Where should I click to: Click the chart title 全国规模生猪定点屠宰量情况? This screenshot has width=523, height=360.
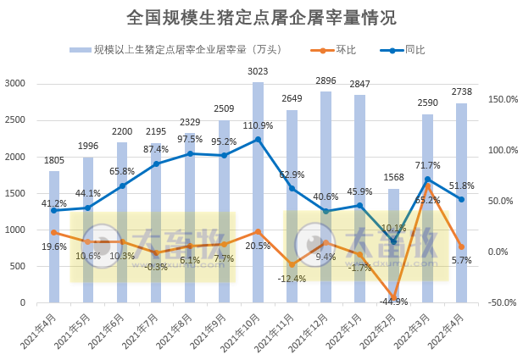click(260, 18)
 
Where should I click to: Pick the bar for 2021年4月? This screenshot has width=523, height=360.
click(54, 236)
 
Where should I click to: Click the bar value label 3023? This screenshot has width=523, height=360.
click(258, 72)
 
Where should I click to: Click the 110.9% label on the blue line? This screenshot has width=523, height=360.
click(258, 126)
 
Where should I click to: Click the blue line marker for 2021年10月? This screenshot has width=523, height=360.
click(258, 139)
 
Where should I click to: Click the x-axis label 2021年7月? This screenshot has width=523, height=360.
click(144, 330)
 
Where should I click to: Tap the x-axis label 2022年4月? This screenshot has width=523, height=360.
click(449, 330)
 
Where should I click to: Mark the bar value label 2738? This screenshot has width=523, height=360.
click(461, 92)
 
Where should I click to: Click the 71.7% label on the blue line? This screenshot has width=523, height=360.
click(427, 165)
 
